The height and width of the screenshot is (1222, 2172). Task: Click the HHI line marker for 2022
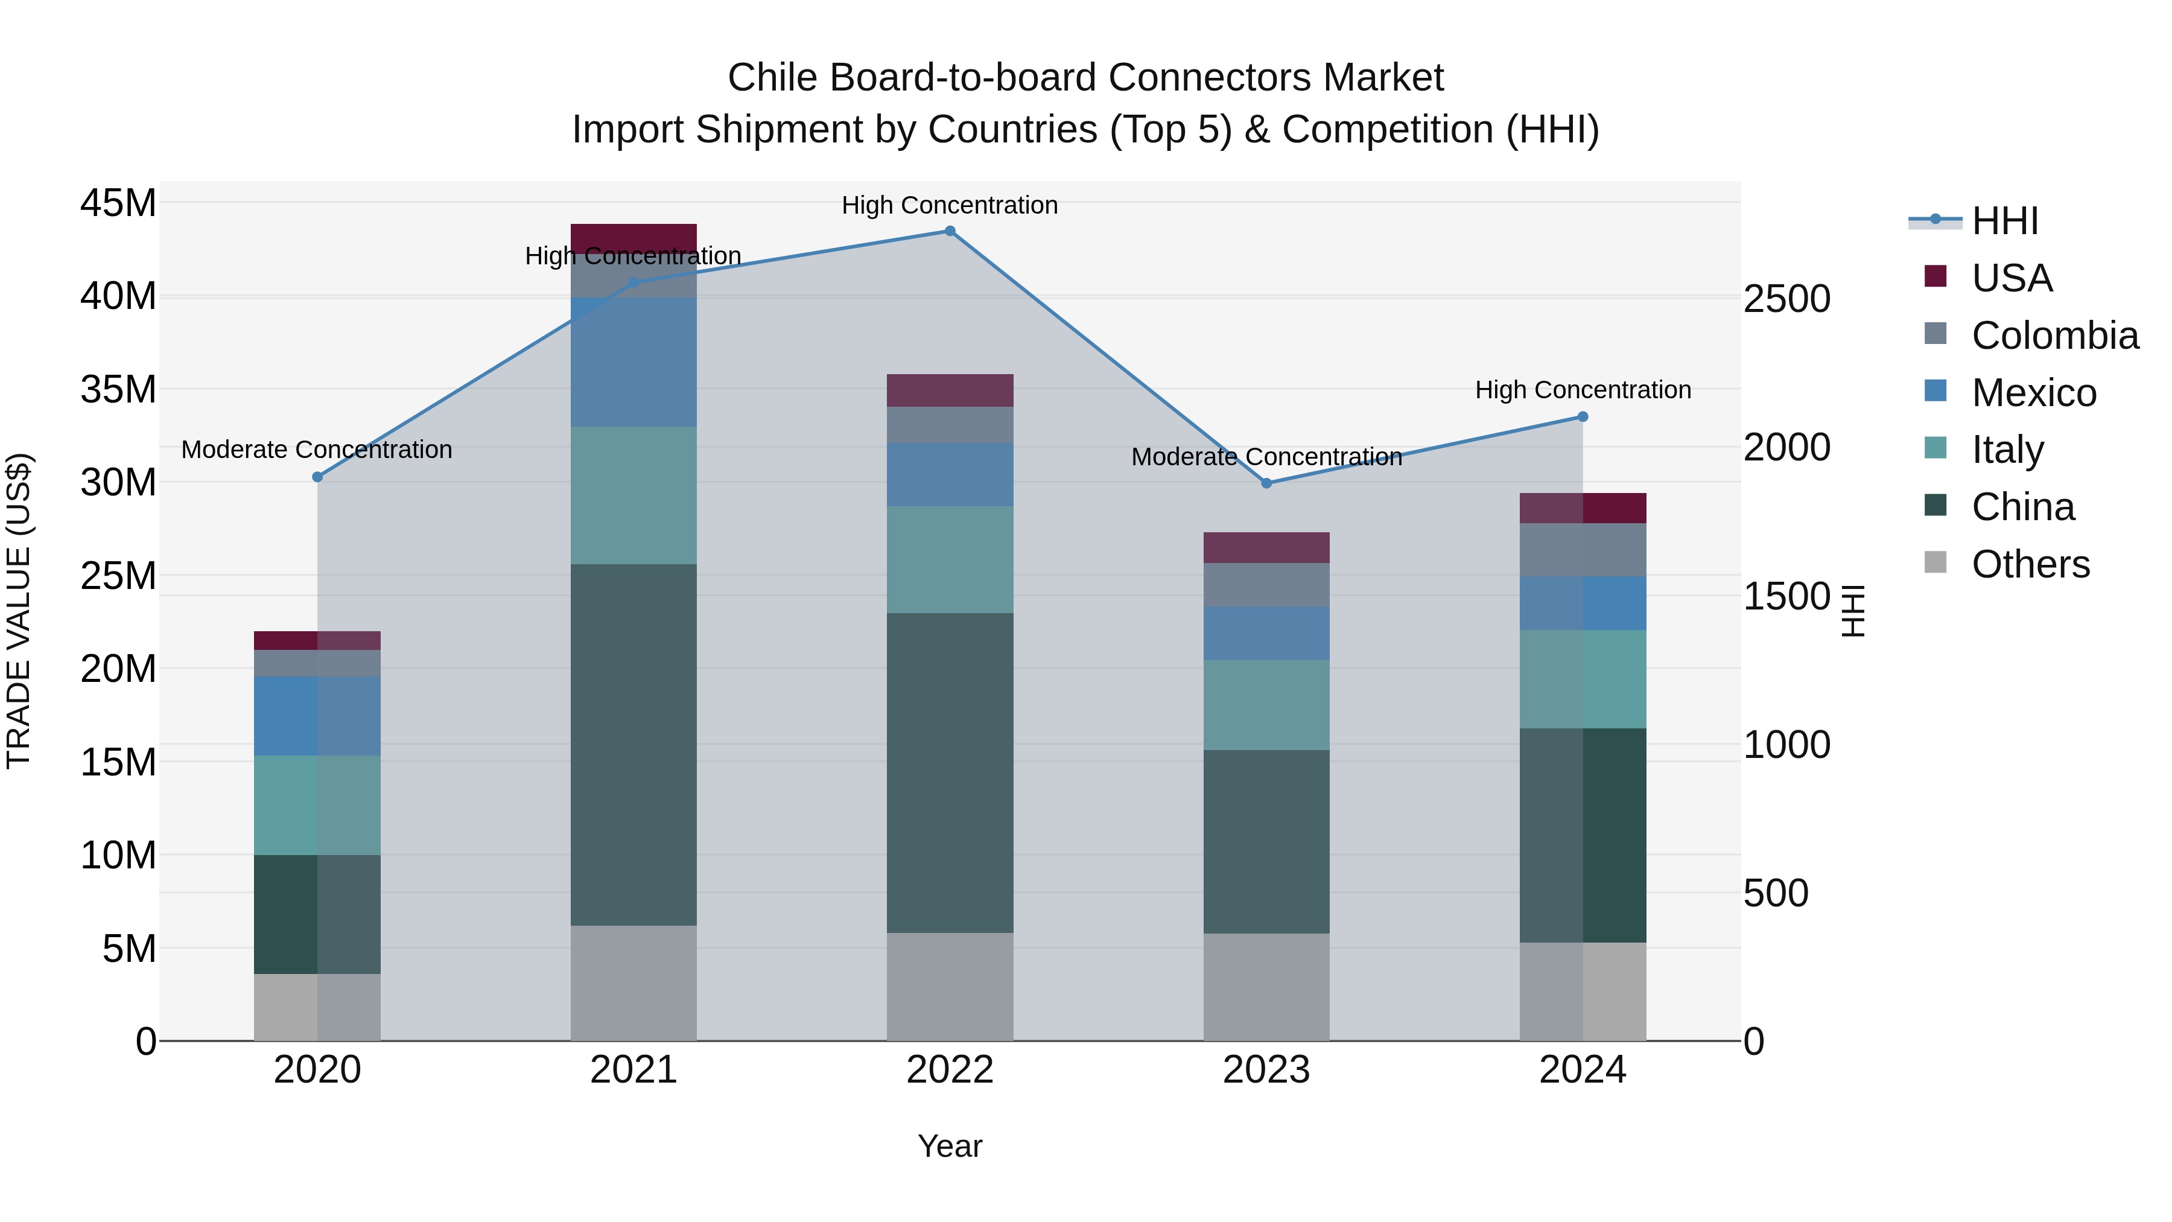coord(950,231)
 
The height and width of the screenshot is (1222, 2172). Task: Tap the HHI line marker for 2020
coord(317,477)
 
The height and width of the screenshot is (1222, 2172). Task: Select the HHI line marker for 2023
coord(1266,483)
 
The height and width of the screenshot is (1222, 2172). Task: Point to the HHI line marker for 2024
coord(1583,416)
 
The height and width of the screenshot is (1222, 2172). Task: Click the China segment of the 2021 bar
coord(634,745)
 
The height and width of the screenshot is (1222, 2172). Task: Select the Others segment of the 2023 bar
coord(1266,987)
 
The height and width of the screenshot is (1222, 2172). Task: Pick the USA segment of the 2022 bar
coord(950,390)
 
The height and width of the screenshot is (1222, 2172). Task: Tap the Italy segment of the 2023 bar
coord(1266,705)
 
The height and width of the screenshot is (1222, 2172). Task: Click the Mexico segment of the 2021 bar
coord(634,363)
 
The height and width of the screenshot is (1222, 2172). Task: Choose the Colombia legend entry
coord(2054,336)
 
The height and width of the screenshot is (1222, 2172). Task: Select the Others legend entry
coord(2030,564)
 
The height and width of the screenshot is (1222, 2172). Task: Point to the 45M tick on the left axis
coord(118,203)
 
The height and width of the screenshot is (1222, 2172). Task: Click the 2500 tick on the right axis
coord(1786,299)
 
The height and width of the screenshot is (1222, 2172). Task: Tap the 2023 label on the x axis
coord(1266,1070)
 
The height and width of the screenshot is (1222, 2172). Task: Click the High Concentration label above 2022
coord(950,205)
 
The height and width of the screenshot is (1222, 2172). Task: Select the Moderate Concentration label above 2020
coord(316,450)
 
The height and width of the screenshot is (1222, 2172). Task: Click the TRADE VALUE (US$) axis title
coord(19,611)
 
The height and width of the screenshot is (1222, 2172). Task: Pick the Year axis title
coord(950,1146)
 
